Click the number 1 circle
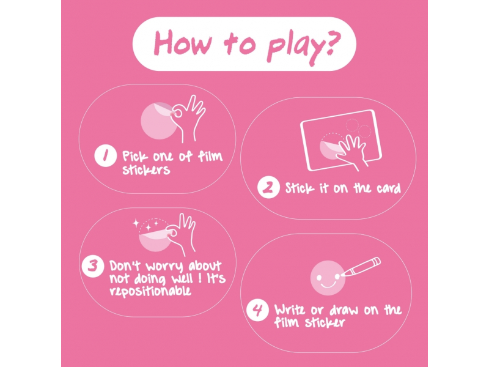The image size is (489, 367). [105, 156]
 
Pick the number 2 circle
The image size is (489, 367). [268, 187]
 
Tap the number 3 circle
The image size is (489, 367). [93, 266]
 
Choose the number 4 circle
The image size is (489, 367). [257, 310]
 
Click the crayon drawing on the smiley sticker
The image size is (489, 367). [361, 267]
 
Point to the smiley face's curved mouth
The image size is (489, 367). [328, 284]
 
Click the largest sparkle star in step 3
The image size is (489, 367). [136, 223]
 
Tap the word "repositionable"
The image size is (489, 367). [150, 291]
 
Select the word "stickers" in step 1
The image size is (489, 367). [146, 170]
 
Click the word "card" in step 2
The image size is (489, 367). [389, 188]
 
